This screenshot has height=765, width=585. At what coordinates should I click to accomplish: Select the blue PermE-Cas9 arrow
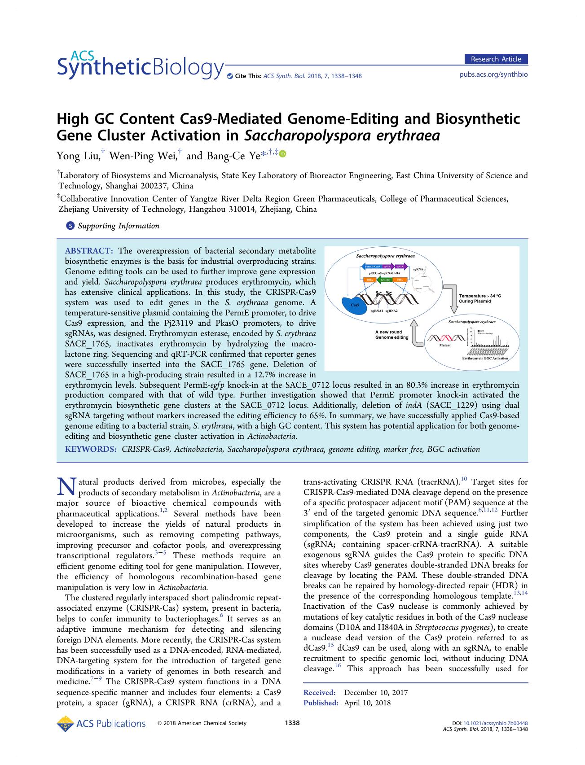(370, 267)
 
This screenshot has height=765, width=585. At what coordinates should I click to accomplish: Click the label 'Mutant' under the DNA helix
(445, 346)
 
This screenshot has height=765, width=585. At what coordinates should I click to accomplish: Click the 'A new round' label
(389, 332)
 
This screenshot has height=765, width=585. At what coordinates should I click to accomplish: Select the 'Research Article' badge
(496, 59)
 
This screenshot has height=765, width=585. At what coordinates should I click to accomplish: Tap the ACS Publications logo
(101, 723)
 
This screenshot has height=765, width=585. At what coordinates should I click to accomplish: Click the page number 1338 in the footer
(292, 723)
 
